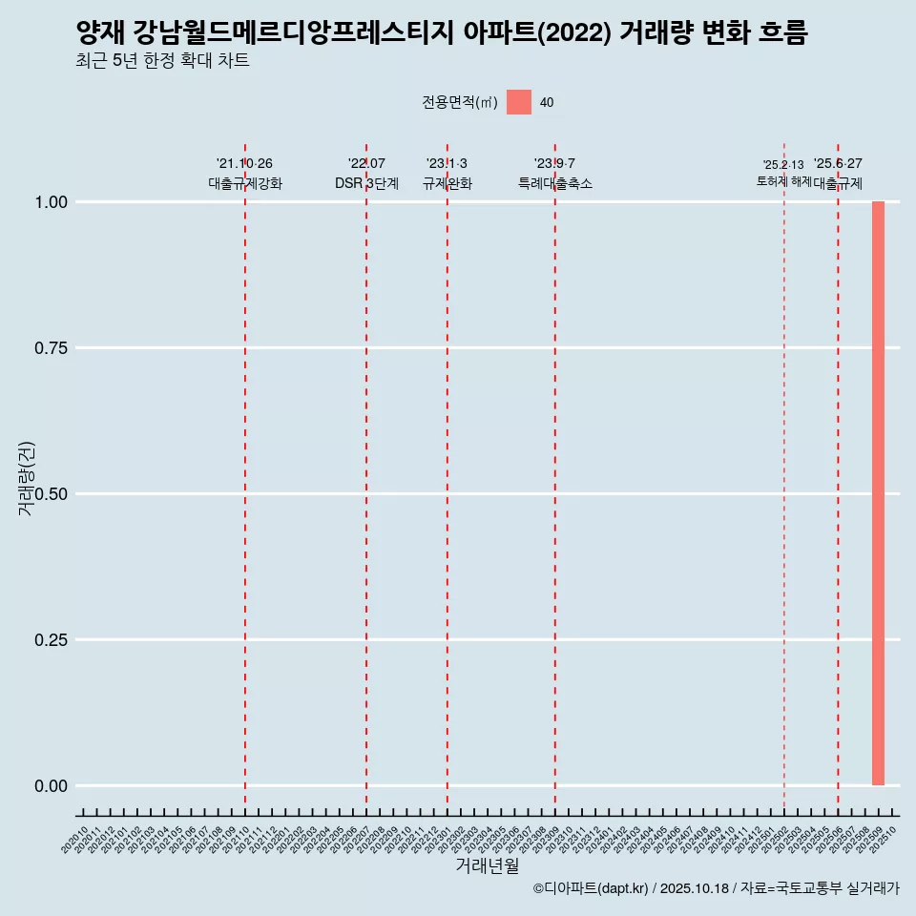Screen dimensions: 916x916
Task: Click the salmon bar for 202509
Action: pyautogui.click(x=878, y=493)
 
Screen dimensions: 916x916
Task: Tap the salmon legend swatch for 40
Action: pyautogui.click(x=518, y=102)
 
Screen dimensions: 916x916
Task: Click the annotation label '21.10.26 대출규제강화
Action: pyautogui.click(x=245, y=174)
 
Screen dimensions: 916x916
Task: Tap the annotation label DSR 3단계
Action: pyautogui.click(x=366, y=183)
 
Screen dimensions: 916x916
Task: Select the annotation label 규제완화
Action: pyautogui.click(x=447, y=183)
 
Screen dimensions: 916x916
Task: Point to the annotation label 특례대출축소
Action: pyautogui.click(x=554, y=183)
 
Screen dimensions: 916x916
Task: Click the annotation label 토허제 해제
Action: pyautogui.click(x=783, y=180)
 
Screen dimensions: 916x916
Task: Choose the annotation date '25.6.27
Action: pyautogui.click(x=838, y=164)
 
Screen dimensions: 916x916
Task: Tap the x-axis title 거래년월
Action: pyautogui.click(x=488, y=866)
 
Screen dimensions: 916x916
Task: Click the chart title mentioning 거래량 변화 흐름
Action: pyautogui.click(x=442, y=33)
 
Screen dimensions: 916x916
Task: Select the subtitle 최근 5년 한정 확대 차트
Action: pyautogui.click(x=162, y=61)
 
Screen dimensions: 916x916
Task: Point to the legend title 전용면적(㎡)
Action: pyautogui.click(x=459, y=103)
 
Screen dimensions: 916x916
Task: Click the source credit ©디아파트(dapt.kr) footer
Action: pyautogui.click(x=716, y=888)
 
